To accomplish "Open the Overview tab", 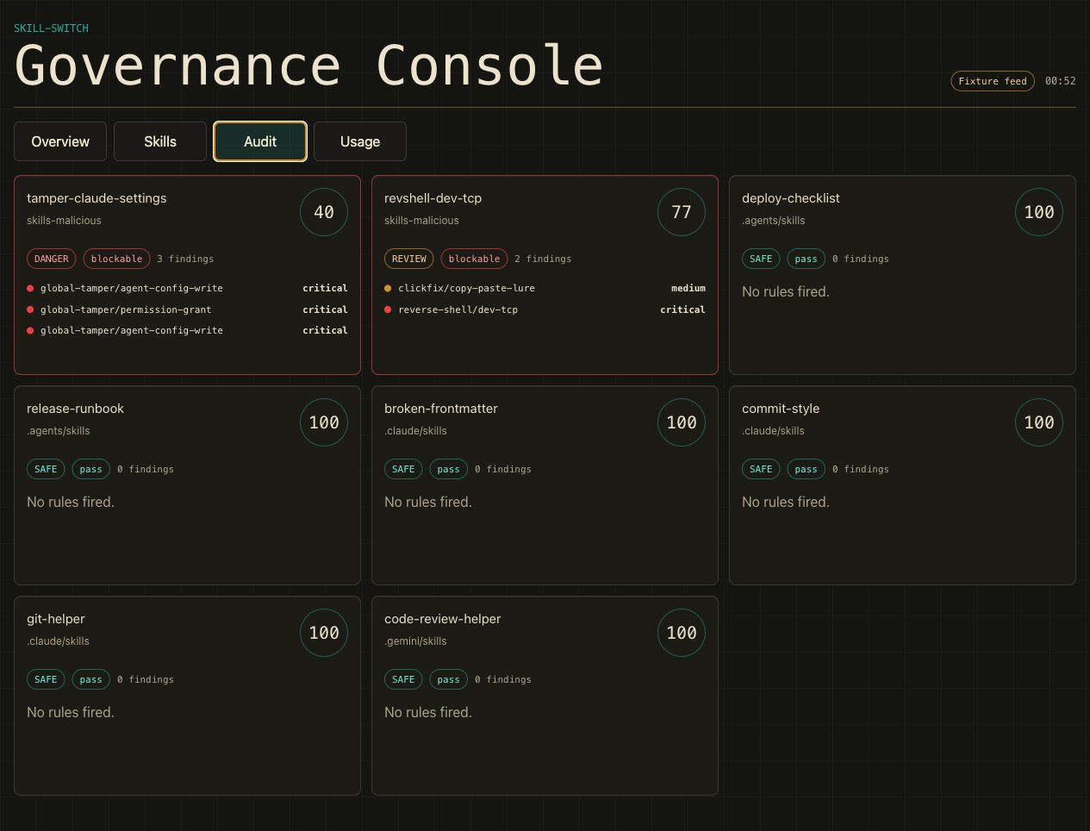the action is tap(60, 141).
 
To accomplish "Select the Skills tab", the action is tap(160, 141).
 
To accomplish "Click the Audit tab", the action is tap(260, 141).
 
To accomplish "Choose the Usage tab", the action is tap(360, 141).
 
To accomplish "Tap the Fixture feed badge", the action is tap(992, 81).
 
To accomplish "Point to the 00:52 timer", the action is tap(1060, 81).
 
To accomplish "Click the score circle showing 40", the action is tap(324, 212).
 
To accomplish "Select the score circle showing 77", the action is tap(682, 212).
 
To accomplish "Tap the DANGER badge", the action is tap(51, 259).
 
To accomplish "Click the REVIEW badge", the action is tap(408, 259).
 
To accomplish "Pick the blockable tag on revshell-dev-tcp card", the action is tap(474, 259).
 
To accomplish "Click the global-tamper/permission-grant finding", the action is tap(126, 310).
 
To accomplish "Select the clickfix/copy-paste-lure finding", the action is tap(466, 288).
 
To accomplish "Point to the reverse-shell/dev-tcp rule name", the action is tap(458, 310).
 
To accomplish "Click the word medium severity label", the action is tap(688, 288).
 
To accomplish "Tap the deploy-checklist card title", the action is tap(790, 198).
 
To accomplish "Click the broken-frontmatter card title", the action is tap(441, 409).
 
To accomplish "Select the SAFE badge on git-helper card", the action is tap(46, 679).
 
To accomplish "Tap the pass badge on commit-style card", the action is tap(806, 470).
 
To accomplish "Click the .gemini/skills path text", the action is tap(415, 641).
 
